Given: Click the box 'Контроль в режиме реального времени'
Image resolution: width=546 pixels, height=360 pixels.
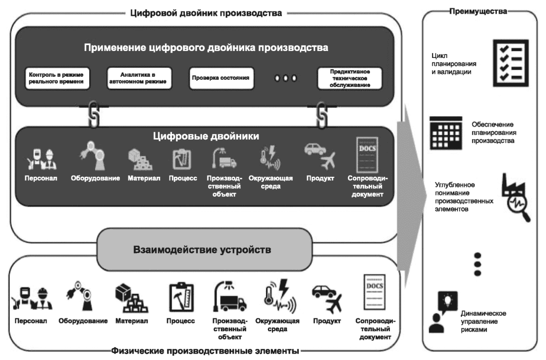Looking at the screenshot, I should pos(58,78).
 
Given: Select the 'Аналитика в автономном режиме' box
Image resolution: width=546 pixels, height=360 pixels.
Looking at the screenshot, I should pos(139,78).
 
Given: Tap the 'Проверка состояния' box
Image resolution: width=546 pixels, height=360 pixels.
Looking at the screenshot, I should pos(219,78).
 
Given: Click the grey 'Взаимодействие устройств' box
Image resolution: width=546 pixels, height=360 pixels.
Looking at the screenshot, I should pos(203,249).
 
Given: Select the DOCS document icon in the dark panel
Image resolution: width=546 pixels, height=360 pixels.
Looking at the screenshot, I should pos(367,154).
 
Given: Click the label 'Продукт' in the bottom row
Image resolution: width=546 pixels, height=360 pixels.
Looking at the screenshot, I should pos(327,321).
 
